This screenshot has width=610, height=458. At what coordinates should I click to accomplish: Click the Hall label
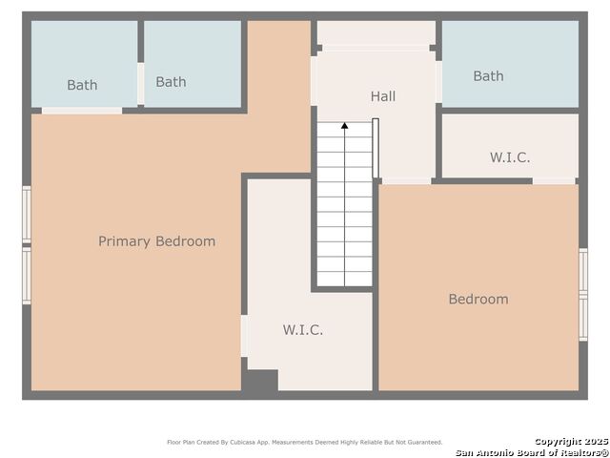383,96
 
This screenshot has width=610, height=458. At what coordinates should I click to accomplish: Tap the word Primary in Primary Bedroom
124,241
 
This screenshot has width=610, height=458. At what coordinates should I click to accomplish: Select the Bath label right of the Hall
488,76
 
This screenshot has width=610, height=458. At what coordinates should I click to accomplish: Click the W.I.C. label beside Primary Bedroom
303,330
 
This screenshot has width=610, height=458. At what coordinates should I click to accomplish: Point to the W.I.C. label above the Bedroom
510,157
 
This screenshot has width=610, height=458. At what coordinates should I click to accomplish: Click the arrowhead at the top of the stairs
344,125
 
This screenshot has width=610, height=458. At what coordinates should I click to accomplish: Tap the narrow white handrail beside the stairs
376,148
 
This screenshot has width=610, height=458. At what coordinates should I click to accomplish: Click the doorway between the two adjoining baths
140,84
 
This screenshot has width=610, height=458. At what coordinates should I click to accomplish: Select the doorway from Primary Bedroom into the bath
82,111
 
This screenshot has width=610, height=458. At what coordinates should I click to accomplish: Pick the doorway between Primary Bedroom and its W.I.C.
244,336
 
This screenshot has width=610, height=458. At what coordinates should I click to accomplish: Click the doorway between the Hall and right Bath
438,82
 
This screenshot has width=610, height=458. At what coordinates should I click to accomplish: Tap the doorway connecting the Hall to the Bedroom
407,181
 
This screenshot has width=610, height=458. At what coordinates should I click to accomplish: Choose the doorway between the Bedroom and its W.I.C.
554,181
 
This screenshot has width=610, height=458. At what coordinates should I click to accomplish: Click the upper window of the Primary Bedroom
27,215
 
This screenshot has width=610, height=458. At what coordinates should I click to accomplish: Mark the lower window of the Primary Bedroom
27,276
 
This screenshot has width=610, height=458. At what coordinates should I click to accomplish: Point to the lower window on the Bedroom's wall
583,318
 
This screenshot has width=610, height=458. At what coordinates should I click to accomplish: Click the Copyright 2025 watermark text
571,442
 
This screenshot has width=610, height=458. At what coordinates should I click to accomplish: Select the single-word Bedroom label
478,299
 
